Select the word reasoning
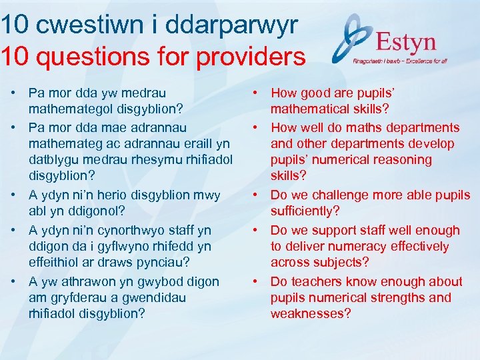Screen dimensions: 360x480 pyautogui.click(x=404, y=160)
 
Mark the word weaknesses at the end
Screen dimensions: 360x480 pyautogui.click(x=310, y=313)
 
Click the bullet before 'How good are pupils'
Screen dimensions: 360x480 pyautogui.click(x=257, y=93)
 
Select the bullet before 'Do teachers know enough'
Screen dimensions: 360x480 pyautogui.click(x=257, y=281)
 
